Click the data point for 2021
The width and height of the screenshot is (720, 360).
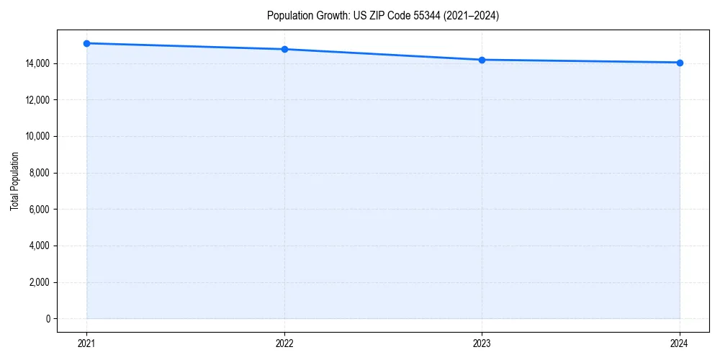[x=86, y=43]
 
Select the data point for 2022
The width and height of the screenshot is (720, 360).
[x=284, y=49]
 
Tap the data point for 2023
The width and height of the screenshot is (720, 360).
[x=482, y=60]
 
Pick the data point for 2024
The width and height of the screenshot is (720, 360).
[x=680, y=63]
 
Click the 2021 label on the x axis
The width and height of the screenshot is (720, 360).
[x=86, y=343]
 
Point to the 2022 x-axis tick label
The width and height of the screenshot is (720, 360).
[x=284, y=343]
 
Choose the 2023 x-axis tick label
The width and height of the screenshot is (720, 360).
[x=482, y=343]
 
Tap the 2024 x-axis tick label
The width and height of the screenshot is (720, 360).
[x=680, y=343]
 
